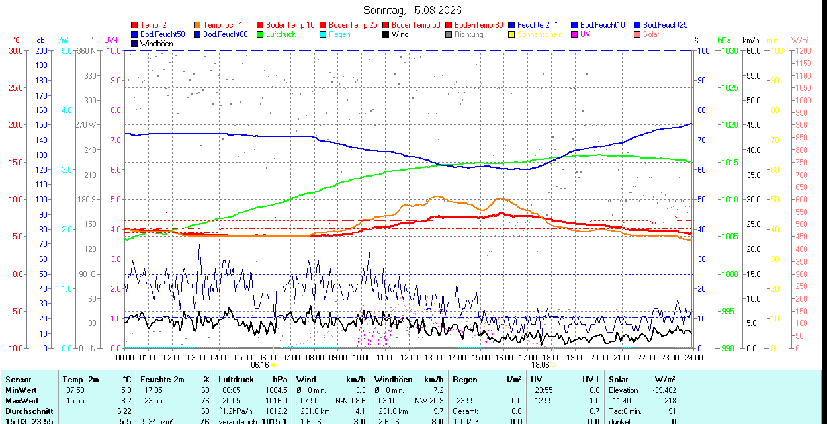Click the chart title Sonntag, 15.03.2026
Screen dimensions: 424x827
413,10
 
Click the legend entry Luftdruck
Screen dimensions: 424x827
281,34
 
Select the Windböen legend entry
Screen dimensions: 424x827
156,43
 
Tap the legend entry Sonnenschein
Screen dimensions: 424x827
540,34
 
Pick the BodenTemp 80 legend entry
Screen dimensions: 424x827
479,25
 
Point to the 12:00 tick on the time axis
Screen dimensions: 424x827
410,357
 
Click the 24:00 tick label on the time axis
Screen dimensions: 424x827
693,357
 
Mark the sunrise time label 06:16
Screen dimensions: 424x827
260,364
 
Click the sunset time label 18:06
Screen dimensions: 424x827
540,364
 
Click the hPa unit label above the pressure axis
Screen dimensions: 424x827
724,40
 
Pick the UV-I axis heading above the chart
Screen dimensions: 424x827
110,40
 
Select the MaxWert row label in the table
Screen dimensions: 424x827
23,401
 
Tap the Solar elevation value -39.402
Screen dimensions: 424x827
662,390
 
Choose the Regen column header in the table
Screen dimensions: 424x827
466,380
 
